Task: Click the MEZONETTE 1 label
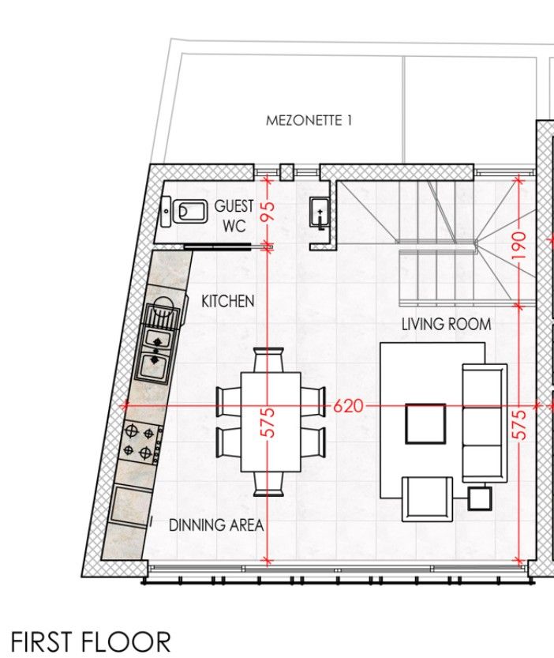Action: pyautogui.click(x=309, y=121)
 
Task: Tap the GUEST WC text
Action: pyautogui.click(x=234, y=216)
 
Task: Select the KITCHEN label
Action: pyautogui.click(x=227, y=301)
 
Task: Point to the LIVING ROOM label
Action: pyautogui.click(x=446, y=324)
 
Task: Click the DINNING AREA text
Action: pyautogui.click(x=215, y=525)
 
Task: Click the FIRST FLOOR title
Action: pyautogui.click(x=91, y=641)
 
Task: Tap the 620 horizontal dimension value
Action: pyautogui.click(x=348, y=406)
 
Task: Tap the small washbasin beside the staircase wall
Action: pyautogui.click(x=318, y=210)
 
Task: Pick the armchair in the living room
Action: pyautogui.click(x=427, y=498)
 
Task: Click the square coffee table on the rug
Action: pyautogui.click(x=425, y=423)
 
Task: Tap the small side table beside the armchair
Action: pyautogui.click(x=479, y=498)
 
